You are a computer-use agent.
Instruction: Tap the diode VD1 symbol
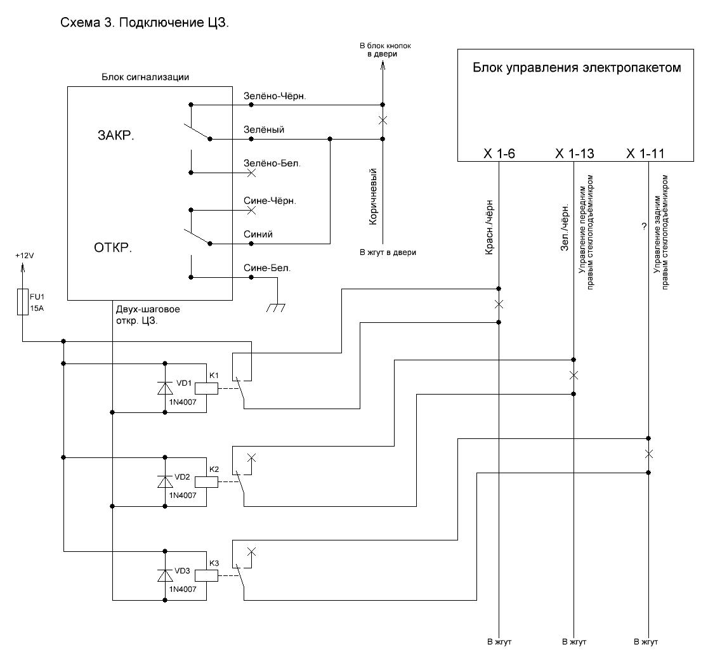(x=166, y=388)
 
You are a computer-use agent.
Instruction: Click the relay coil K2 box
(x=207, y=481)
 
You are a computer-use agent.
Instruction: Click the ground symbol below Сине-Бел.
(x=275, y=307)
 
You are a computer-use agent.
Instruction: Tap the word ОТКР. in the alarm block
(x=112, y=247)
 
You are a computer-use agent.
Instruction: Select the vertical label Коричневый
(x=374, y=197)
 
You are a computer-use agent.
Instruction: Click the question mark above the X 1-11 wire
(x=643, y=226)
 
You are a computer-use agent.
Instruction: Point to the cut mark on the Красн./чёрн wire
(x=499, y=305)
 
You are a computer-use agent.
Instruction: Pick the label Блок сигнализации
(x=145, y=77)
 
